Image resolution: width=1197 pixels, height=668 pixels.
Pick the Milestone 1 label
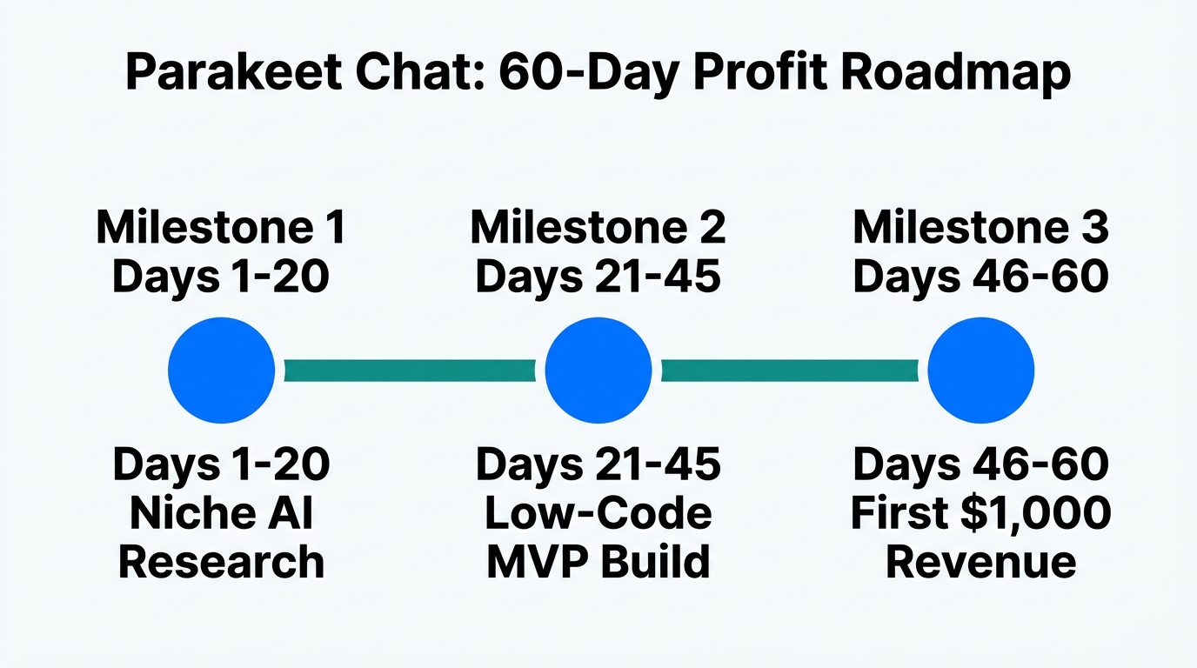(221, 227)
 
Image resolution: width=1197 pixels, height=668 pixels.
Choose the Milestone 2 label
(598, 227)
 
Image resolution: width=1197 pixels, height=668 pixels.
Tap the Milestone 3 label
(980, 227)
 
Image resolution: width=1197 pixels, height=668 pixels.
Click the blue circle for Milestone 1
(221, 371)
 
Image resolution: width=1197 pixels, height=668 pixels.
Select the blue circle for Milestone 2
(598, 371)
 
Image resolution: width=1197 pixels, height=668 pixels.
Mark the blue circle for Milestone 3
(980, 371)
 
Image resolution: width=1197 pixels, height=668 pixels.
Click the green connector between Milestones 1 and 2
(410, 371)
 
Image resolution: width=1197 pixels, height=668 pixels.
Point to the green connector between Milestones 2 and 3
(789, 371)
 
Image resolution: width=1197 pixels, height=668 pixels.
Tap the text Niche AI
(221, 513)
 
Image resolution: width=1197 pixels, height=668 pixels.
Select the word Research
(221, 562)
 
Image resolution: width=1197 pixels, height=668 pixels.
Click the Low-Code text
(598, 513)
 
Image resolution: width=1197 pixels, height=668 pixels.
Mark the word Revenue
(980, 562)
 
